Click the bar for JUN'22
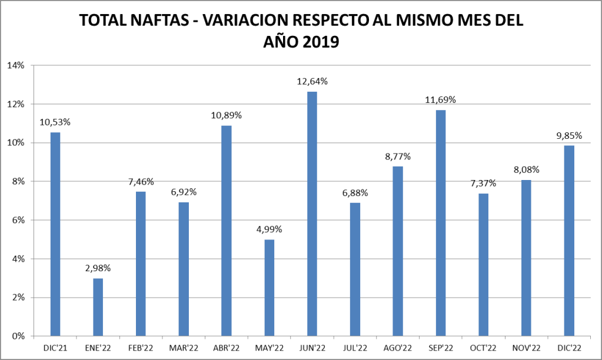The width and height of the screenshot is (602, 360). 312,214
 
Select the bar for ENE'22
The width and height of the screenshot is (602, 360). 98,307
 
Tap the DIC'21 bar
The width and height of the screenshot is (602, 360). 55,234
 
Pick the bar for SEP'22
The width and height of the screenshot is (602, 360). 440,223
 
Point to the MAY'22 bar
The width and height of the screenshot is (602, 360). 269,288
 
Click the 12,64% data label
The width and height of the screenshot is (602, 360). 312,82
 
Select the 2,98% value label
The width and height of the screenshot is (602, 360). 98,268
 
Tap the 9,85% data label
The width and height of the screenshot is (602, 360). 568,135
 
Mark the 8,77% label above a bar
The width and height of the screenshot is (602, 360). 397,156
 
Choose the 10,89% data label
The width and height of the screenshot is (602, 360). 227,115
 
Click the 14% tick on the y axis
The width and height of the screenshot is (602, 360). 15,65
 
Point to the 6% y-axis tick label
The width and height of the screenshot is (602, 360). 17,220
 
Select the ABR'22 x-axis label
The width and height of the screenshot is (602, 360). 227,348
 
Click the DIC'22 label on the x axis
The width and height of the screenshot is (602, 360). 568,348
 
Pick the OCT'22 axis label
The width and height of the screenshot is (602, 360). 483,348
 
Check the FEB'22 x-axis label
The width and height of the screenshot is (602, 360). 141,348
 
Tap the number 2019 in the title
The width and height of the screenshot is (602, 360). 318,42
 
